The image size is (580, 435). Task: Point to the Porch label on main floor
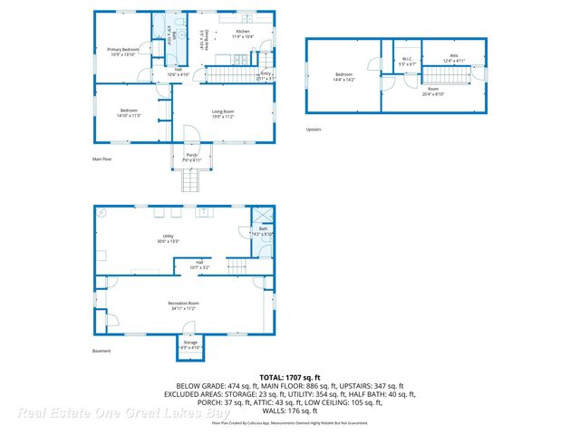point(190,157)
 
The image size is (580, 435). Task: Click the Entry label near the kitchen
point(266,75)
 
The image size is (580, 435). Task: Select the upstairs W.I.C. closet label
point(407,61)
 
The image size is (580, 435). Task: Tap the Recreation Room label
point(182,304)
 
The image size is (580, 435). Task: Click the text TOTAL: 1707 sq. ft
point(290,376)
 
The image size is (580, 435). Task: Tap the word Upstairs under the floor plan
point(313,129)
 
